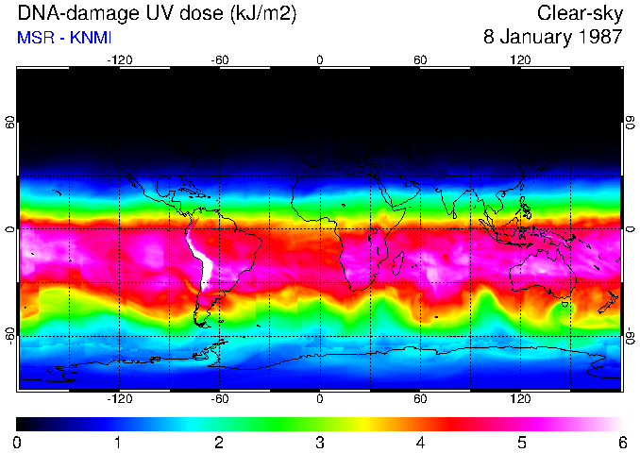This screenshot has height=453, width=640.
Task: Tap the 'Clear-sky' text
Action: [x=580, y=14]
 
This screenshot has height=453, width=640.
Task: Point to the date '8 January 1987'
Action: [x=553, y=39]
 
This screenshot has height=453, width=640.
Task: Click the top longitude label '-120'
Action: [x=119, y=59]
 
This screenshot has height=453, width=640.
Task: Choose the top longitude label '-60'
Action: [x=220, y=59]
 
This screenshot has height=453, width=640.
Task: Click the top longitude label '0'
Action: [x=320, y=59]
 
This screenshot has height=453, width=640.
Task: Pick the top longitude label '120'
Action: [x=520, y=59]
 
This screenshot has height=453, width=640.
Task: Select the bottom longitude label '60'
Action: [x=421, y=398]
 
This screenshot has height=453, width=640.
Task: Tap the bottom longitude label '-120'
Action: [x=119, y=398]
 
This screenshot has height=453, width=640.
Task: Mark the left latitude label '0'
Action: [x=9, y=229]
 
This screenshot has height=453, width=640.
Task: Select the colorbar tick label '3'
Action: [x=320, y=443]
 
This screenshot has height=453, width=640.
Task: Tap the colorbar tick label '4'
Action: [x=421, y=443]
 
